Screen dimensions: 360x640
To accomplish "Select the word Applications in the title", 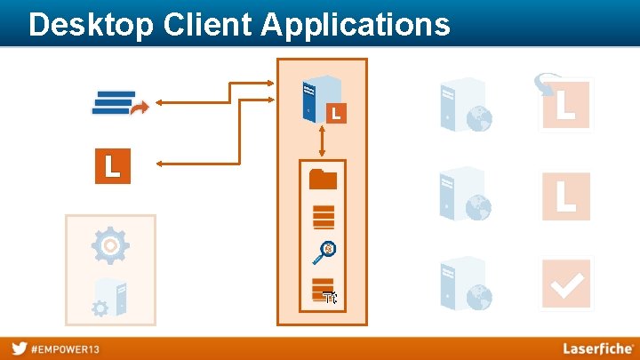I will pyautogui.click(x=355, y=26).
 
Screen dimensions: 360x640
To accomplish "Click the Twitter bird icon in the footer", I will pyautogui.click(x=19, y=348).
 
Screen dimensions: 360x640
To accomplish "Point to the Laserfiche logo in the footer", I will pyautogui.click(x=597, y=348).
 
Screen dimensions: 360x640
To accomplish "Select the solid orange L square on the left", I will pyautogui.click(x=113, y=166).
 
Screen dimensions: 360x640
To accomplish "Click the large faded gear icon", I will pyautogui.click(x=110, y=244).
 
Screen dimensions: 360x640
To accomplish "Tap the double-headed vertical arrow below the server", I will pyautogui.click(x=322, y=141).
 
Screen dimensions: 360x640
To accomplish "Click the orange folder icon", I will pyautogui.click(x=323, y=179).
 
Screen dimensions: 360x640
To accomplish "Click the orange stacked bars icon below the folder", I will pyautogui.click(x=324, y=216).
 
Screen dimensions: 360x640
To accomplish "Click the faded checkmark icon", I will pyautogui.click(x=566, y=284).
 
